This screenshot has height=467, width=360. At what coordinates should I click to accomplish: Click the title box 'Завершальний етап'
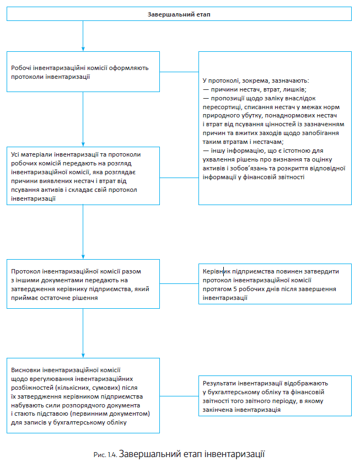[179, 14]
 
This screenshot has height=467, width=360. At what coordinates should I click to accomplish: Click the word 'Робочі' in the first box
[22, 68]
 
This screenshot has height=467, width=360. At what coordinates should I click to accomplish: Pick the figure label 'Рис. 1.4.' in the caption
[105, 455]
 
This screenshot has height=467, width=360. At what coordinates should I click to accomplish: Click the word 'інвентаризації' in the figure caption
[237, 455]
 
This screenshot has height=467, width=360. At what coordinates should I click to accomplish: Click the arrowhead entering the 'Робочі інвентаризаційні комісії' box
[83, 49]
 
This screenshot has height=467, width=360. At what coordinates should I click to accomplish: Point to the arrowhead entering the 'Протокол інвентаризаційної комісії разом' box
[83, 256]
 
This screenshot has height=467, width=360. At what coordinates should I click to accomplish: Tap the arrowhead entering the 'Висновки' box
[83, 356]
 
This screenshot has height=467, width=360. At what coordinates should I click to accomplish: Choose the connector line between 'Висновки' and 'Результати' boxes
[179, 396]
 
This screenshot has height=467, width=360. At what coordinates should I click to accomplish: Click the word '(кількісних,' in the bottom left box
[77, 388]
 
